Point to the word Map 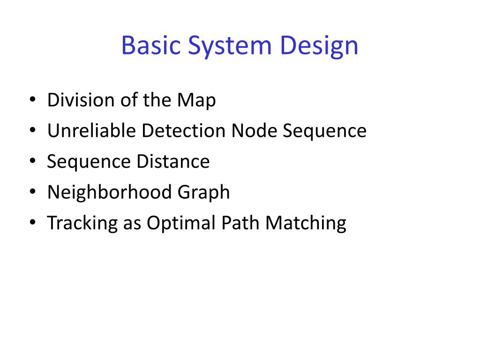coord(196,100)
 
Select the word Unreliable coord(91,131)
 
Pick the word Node coord(255,131)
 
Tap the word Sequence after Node coord(324,131)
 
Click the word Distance coord(173,162)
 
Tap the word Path coord(237,223)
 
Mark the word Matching coord(306,223)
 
